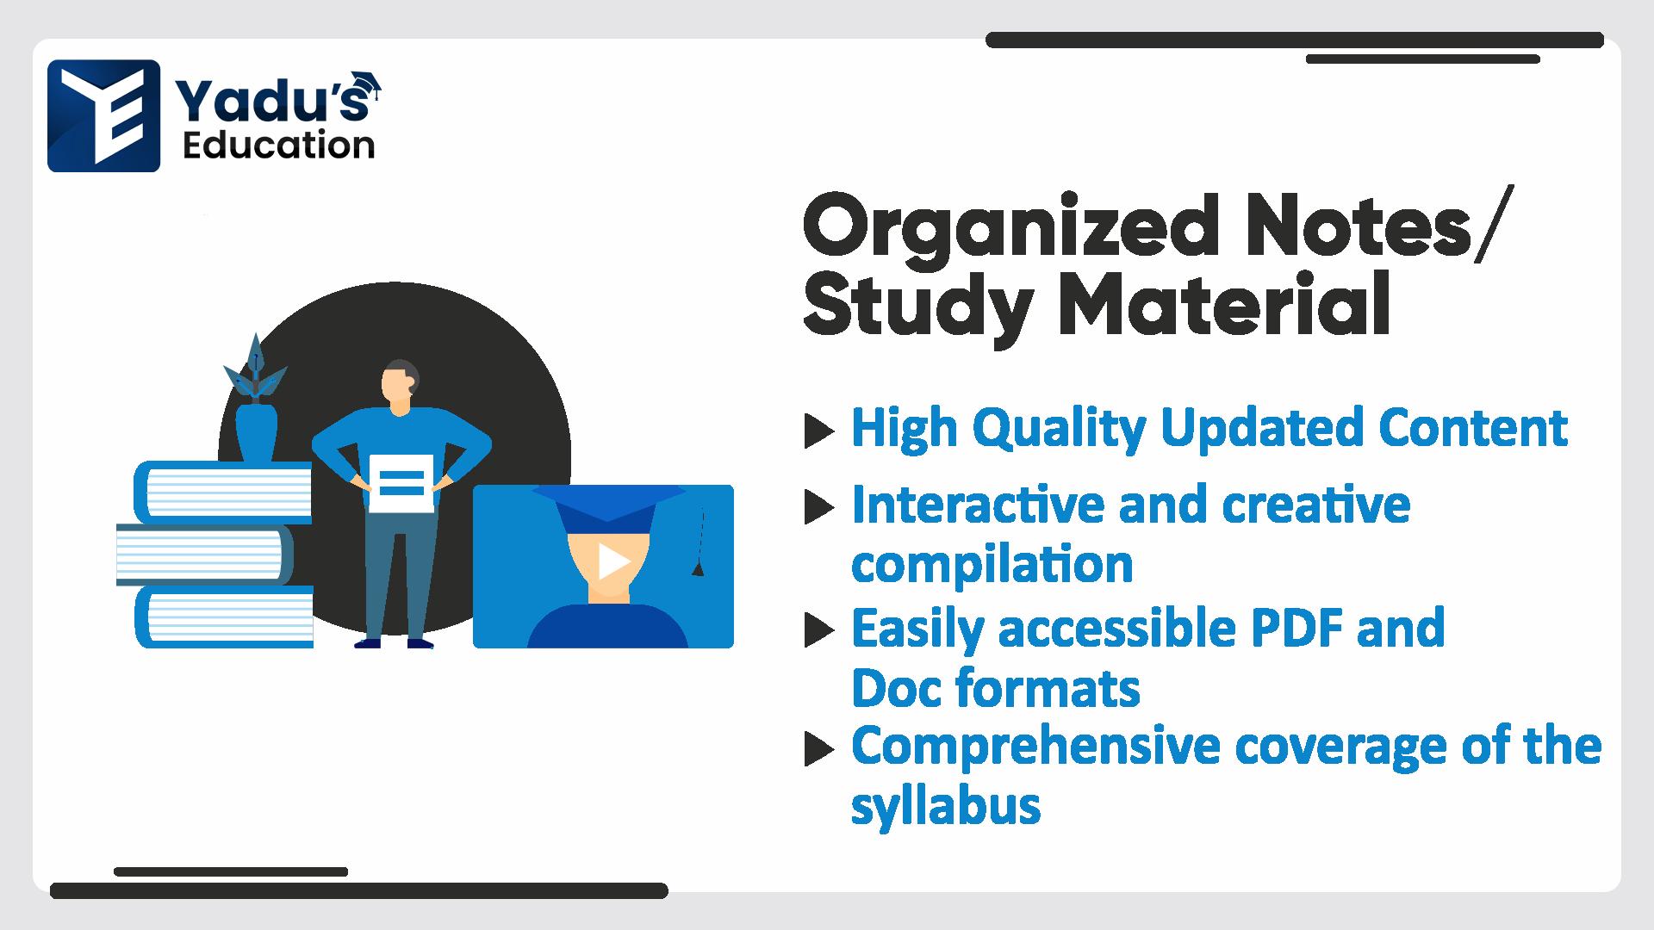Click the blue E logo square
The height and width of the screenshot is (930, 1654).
[x=103, y=115]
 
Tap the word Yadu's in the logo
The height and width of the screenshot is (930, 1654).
[x=272, y=101]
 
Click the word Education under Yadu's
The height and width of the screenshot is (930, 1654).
[x=279, y=146]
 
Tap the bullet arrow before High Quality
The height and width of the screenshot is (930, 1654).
[x=819, y=431]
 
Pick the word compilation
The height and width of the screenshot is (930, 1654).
[x=992, y=565]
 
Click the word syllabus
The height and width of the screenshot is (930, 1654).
[x=946, y=806]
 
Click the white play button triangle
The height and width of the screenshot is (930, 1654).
[x=613, y=561]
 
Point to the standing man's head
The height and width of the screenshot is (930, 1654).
[x=400, y=382]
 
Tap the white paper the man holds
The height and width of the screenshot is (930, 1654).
[x=401, y=482]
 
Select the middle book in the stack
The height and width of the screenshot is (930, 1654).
[x=204, y=555]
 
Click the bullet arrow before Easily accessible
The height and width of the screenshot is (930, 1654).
[x=819, y=631]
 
